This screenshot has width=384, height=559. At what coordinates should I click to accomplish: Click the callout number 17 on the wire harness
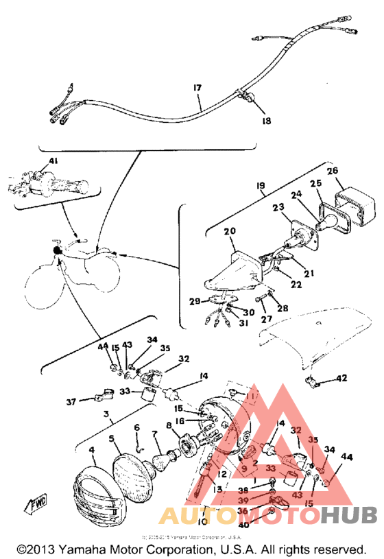(197, 87)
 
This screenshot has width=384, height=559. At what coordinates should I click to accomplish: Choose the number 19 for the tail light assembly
(261, 185)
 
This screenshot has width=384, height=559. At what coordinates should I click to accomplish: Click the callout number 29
(194, 301)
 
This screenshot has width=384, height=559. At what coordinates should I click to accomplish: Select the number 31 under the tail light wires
(244, 324)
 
